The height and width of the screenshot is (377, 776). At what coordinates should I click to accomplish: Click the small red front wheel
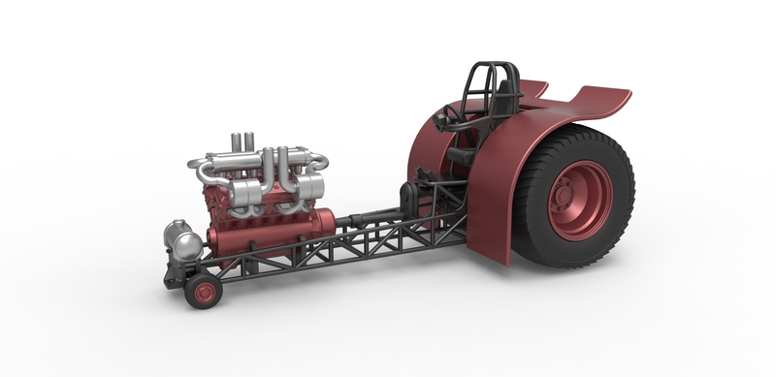[x=203, y=290]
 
